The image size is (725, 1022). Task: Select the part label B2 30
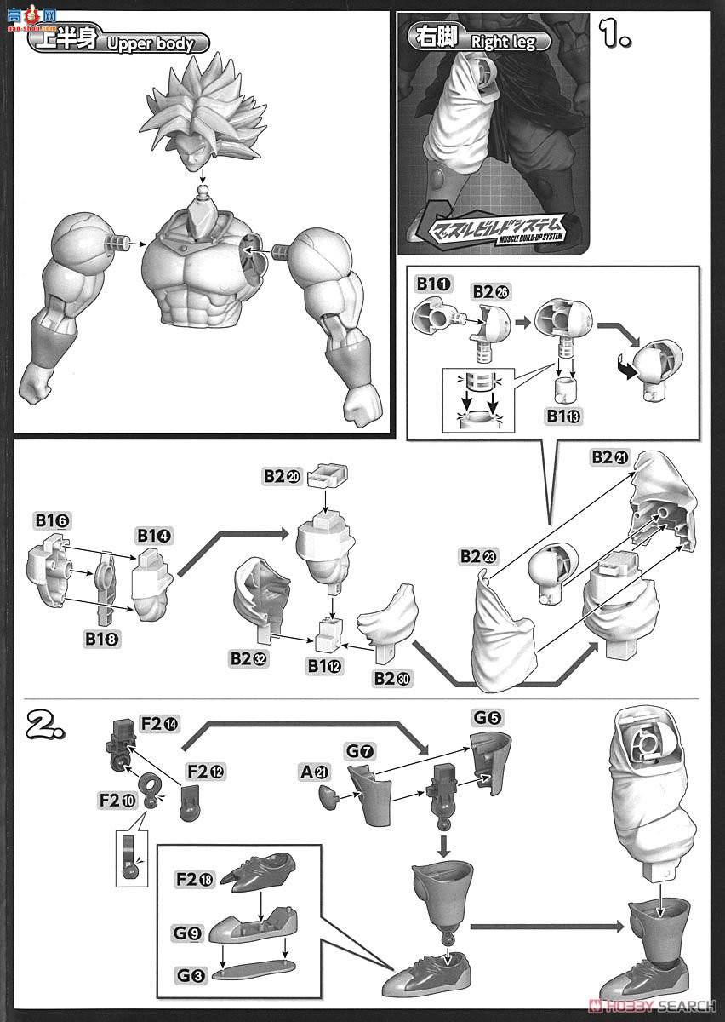point(391,678)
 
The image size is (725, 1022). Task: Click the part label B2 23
point(477,555)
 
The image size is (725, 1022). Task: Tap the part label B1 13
point(562,416)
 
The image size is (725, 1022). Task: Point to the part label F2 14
point(160,724)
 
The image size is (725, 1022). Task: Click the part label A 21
point(315,773)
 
